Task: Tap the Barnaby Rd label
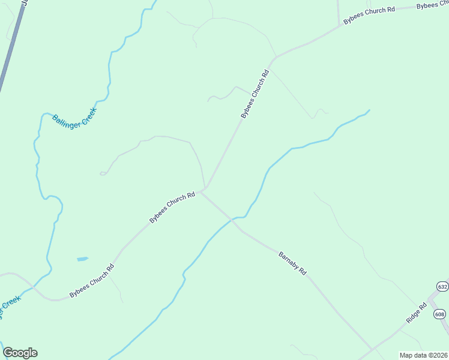coord(293,263)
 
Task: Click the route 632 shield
coord(442,286)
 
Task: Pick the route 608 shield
coord(440,314)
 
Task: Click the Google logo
coord(20,353)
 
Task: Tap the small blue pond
coord(82,259)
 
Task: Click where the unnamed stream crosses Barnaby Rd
coord(232,220)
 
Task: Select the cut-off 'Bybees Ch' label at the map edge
coord(432,5)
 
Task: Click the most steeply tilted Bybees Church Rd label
coord(255,93)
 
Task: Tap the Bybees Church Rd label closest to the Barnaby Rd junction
coord(172,207)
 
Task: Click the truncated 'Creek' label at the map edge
coord(8,305)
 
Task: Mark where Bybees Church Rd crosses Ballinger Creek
coord(35,288)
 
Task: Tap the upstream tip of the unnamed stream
coord(369,110)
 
